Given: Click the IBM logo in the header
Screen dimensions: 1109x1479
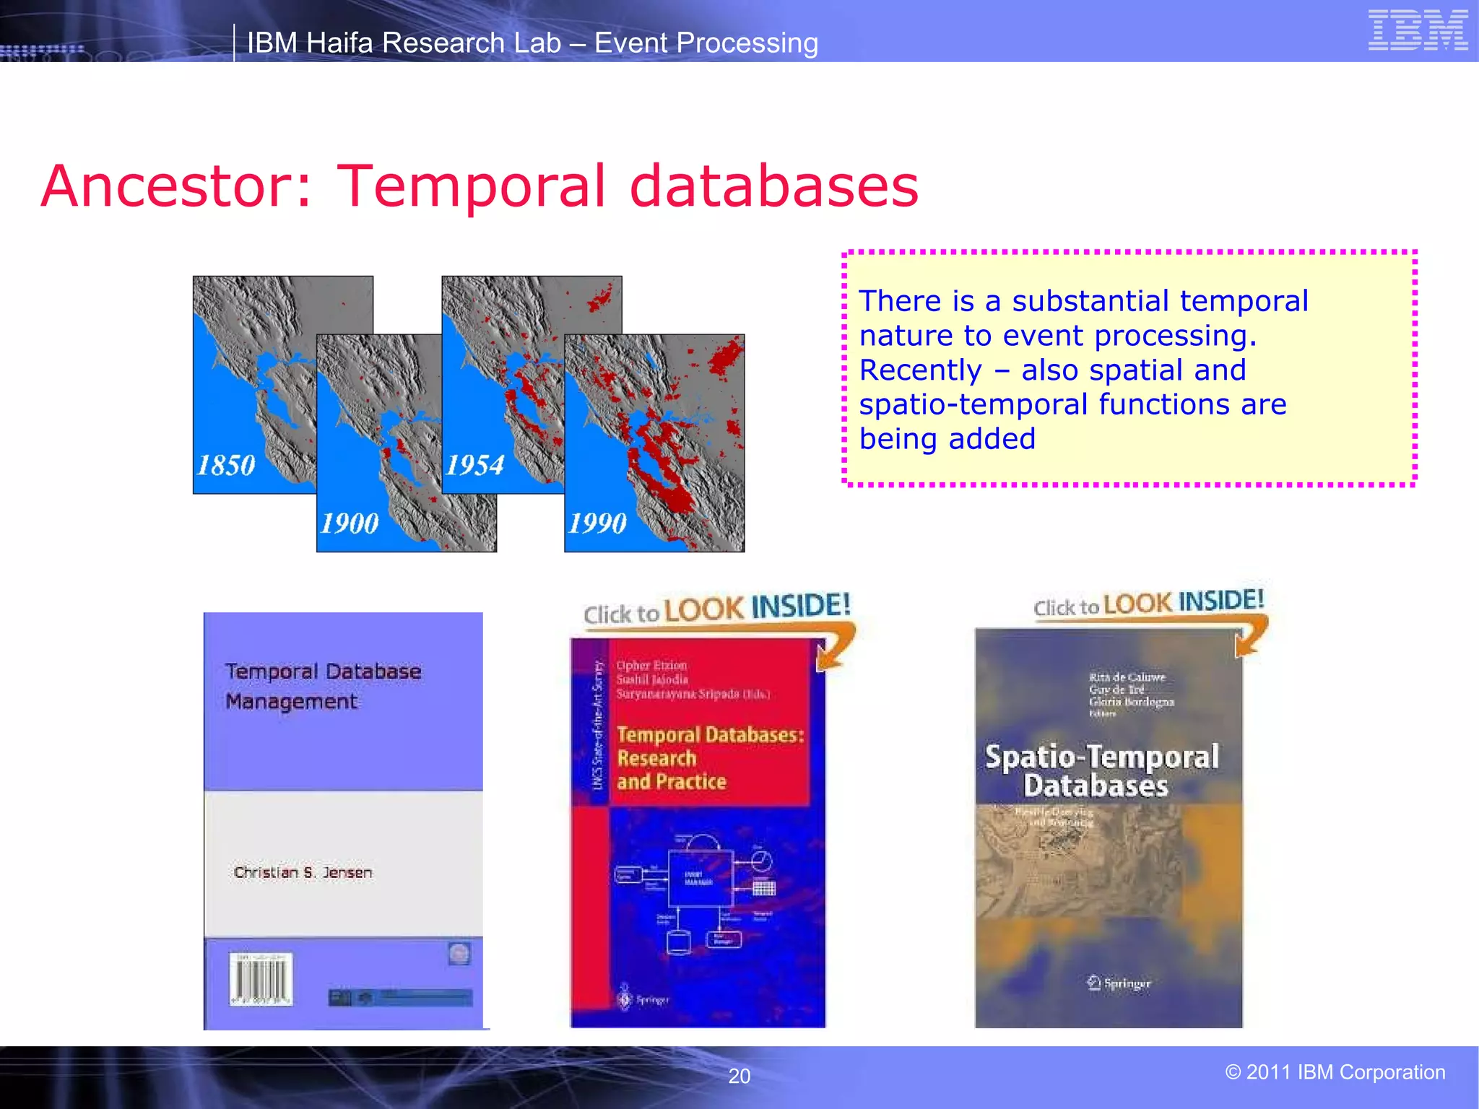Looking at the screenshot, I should [1418, 30].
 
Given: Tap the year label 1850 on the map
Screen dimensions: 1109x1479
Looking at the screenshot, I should [226, 465].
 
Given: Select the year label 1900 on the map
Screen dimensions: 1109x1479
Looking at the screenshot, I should [349, 523].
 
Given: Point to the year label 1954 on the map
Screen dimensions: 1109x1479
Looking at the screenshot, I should [474, 465].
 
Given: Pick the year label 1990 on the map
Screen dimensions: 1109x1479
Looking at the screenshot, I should [597, 523].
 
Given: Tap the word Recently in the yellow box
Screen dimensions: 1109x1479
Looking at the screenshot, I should [921, 370].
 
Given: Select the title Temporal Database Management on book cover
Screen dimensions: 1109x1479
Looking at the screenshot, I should [322, 686].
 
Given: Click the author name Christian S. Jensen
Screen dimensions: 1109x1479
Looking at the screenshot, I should [303, 872].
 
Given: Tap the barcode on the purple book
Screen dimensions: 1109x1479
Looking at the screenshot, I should [261, 980].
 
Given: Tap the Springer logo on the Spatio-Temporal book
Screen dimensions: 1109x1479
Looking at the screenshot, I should [1119, 983].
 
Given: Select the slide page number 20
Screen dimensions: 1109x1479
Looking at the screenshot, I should [739, 1076].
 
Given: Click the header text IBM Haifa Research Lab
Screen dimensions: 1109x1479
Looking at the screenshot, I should [404, 43].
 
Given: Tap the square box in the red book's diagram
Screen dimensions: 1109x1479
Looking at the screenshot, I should [698, 879].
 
